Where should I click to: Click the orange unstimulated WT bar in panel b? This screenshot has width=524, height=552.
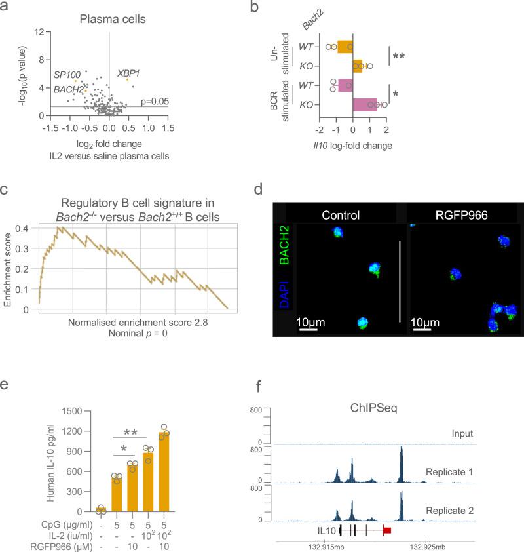point(345,47)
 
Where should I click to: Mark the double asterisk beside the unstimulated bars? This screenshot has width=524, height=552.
point(398,56)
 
